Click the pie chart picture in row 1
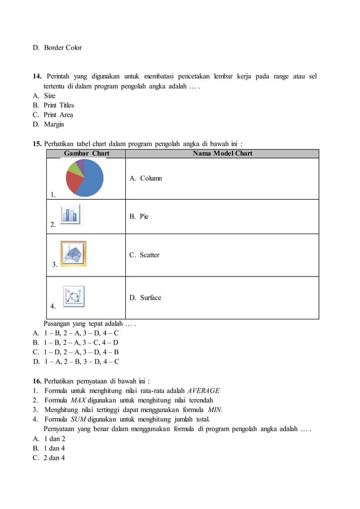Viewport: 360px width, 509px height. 85,177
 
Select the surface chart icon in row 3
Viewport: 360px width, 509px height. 73,253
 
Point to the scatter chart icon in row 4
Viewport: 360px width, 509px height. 73,296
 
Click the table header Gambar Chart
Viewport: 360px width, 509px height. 86,153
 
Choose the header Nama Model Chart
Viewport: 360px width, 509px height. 222,153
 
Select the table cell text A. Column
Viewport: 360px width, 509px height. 146,178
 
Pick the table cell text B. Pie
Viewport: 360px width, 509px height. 139,216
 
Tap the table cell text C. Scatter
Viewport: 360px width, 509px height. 144,255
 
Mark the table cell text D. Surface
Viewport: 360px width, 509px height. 145,297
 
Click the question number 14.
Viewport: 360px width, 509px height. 37,76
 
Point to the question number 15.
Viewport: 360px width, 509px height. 37,143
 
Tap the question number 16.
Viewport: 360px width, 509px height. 37,380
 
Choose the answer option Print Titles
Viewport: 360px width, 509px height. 59,105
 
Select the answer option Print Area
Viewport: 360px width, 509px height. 58,115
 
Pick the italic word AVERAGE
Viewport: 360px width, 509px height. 204,390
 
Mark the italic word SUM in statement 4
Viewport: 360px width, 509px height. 78,419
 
